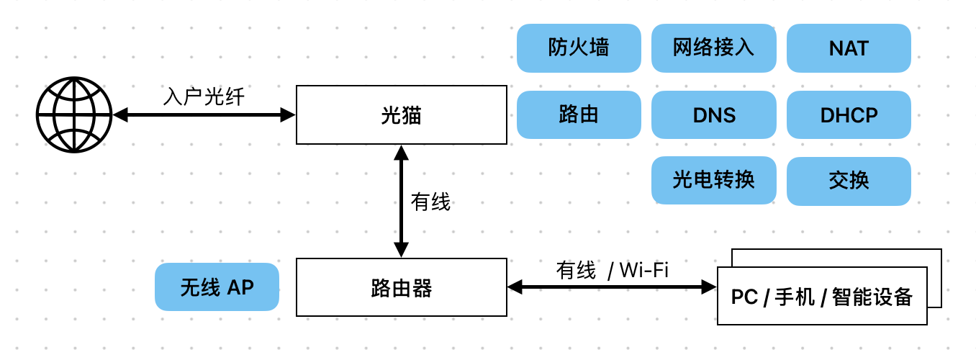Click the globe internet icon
click(74, 114)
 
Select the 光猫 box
click(402, 114)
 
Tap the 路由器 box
click(402, 287)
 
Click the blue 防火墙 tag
click(579, 48)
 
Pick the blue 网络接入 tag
click(714, 48)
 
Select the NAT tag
click(849, 48)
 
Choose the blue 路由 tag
click(579, 114)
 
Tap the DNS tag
click(714, 114)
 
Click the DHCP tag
click(849, 114)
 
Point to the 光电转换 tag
click(714, 180)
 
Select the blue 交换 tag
click(849, 181)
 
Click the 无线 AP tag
click(217, 287)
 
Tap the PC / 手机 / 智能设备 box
click(822, 296)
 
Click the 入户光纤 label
click(204, 96)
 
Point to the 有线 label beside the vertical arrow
click(430, 202)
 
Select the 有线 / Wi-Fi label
click(613, 270)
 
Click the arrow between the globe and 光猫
click(204, 115)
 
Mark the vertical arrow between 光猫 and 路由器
click(402, 202)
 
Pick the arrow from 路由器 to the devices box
click(613, 287)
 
